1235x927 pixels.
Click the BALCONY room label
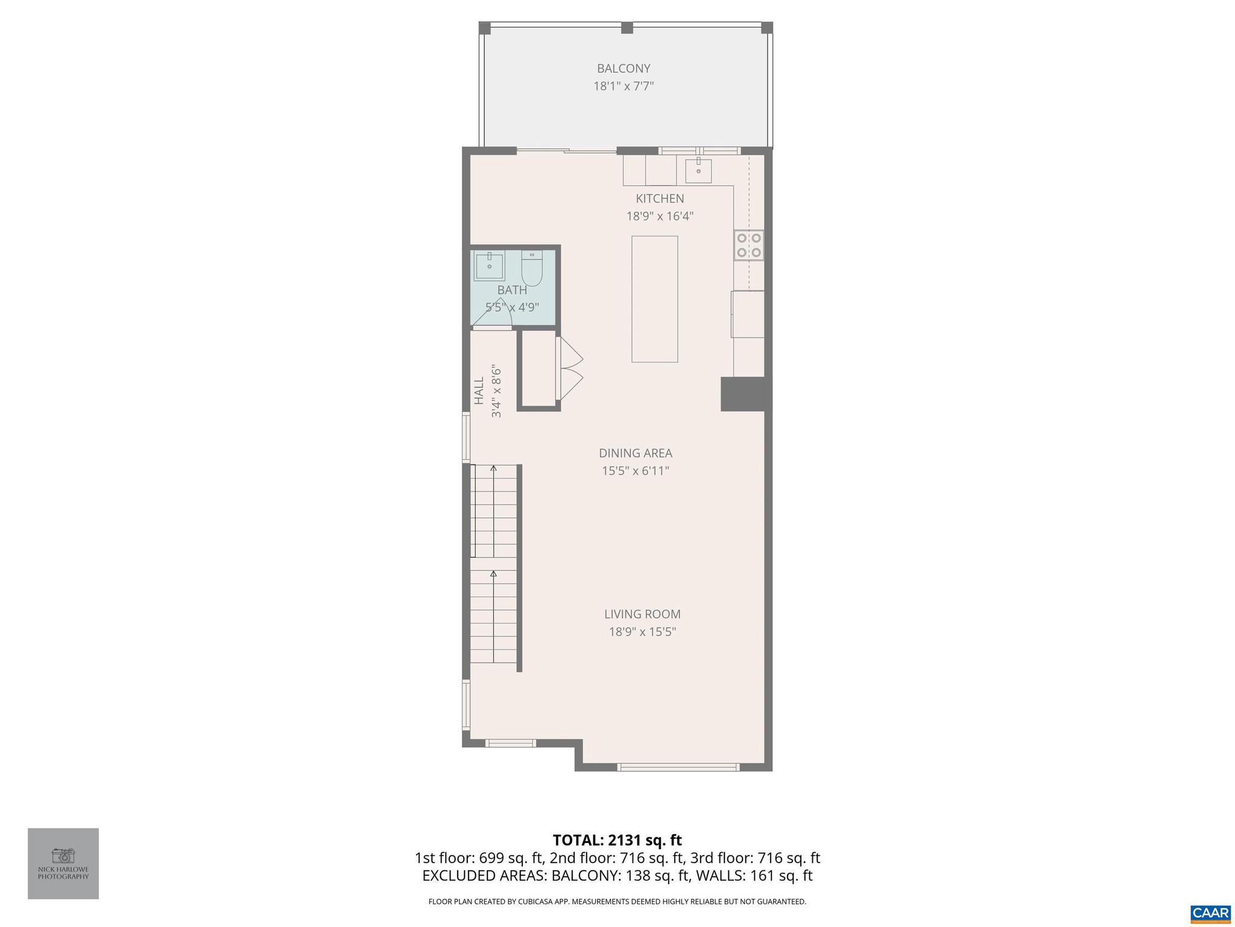coord(624,68)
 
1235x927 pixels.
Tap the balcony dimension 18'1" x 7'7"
coord(624,86)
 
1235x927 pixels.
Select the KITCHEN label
coord(660,198)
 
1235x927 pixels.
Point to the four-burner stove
coord(748,245)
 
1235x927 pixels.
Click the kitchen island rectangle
coord(654,299)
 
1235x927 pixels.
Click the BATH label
coord(512,290)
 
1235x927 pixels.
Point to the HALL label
coord(479,390)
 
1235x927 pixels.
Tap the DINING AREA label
coord(635,453)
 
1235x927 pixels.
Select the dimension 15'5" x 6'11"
coord(635,471)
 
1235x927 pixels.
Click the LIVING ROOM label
coord(642,614)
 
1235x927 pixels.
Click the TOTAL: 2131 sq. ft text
coord(617,840)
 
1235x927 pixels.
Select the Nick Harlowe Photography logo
coord(63,864)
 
